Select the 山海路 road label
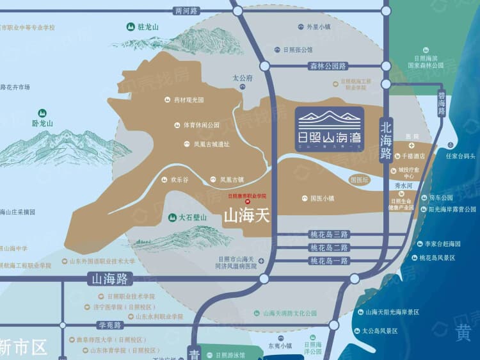109,279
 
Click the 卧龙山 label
42,124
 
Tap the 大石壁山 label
193,218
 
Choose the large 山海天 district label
246,217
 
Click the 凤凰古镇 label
232,180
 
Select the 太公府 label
243,78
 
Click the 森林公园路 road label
328,66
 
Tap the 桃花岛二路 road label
328,234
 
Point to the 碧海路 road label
441,102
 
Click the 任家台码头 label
461,156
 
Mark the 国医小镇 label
322,199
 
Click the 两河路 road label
187,11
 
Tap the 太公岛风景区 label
380,331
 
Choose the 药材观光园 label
188,101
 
